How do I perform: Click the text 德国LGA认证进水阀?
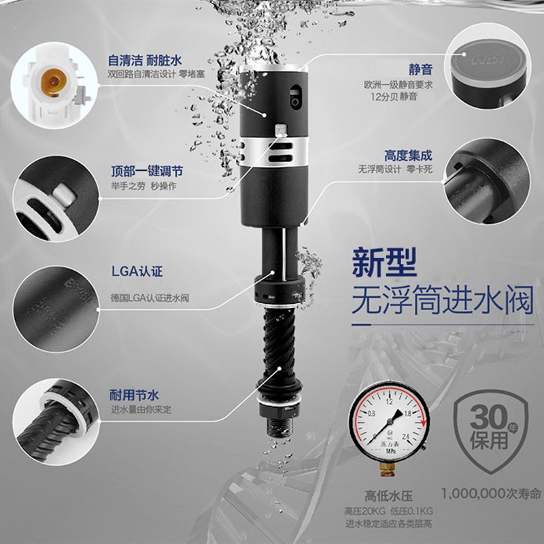point(149,298)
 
